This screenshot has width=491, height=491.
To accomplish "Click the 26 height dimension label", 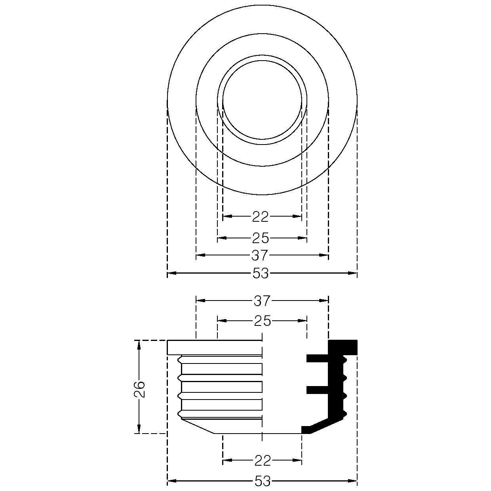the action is [139, 389].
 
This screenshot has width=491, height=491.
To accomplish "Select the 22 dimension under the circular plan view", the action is [261, 217].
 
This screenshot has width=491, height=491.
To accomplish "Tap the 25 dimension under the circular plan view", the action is [261, 238].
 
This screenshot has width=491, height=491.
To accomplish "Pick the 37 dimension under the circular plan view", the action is [260, 255].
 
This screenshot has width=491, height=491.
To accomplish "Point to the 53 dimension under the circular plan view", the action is [261, 273].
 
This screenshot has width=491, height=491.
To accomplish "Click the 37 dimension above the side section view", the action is [262, 301].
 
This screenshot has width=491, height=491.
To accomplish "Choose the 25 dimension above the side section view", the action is [263, 321].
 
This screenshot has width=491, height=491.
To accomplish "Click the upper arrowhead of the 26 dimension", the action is [139, 345].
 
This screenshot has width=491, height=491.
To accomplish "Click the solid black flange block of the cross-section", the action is [343, 347].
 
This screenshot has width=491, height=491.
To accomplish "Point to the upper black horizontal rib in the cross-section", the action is [317, 359].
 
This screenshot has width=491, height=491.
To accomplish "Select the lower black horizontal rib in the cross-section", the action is [317, 390].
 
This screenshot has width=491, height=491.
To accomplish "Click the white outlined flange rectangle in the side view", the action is [215, 347].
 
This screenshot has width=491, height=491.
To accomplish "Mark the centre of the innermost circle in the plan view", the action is [262, 100].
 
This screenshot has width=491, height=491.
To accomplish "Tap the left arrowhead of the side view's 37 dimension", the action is [200, 301].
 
